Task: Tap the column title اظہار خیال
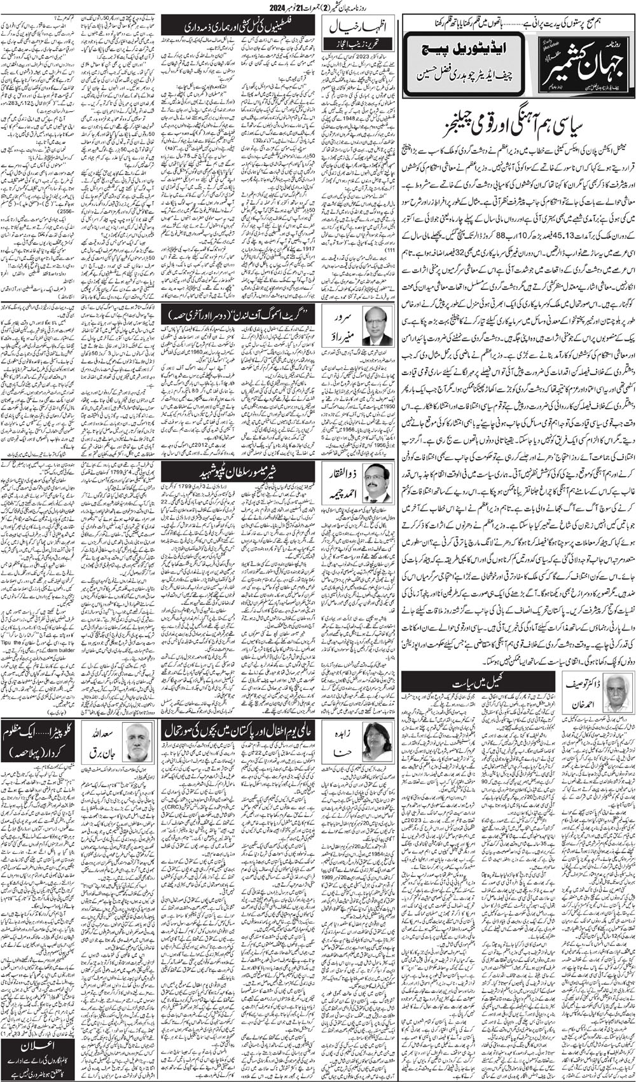tap(359, 28)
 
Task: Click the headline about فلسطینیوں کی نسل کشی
tap(238, 27)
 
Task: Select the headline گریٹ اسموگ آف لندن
tap(238, 314)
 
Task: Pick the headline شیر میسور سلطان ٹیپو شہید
tap(238, 471)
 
